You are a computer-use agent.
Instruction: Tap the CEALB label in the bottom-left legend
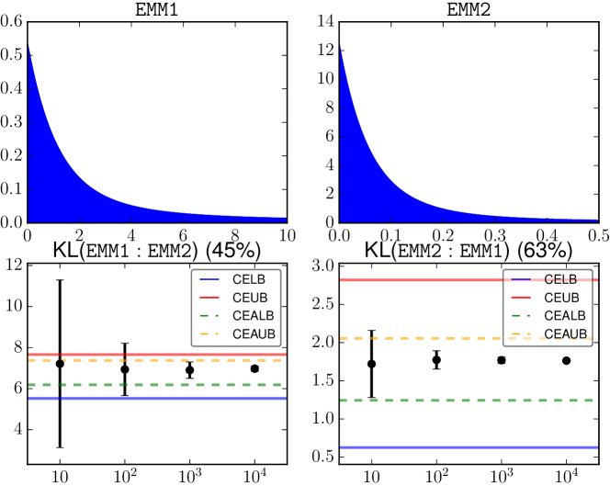tap(253, 315)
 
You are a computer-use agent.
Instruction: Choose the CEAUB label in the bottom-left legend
tap(254, 333)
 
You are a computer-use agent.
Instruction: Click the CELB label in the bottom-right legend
tap(560, 279)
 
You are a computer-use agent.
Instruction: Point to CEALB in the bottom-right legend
tap(564, 315)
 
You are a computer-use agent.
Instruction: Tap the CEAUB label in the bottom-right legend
tap(565, 333)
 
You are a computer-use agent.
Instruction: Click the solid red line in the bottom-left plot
tap(156, 354)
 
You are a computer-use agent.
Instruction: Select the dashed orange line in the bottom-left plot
tap(156, 360)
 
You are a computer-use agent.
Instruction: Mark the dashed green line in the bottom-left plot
tap(156, 385)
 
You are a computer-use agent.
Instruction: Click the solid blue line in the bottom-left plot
tap(156, 398)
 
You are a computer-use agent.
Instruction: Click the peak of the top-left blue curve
tap(28, 44)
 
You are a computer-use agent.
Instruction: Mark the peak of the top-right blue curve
tap(340, 44)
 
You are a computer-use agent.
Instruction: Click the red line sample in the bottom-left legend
tap(209, 298)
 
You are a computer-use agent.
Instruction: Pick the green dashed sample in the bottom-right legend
tap(521, 315)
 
